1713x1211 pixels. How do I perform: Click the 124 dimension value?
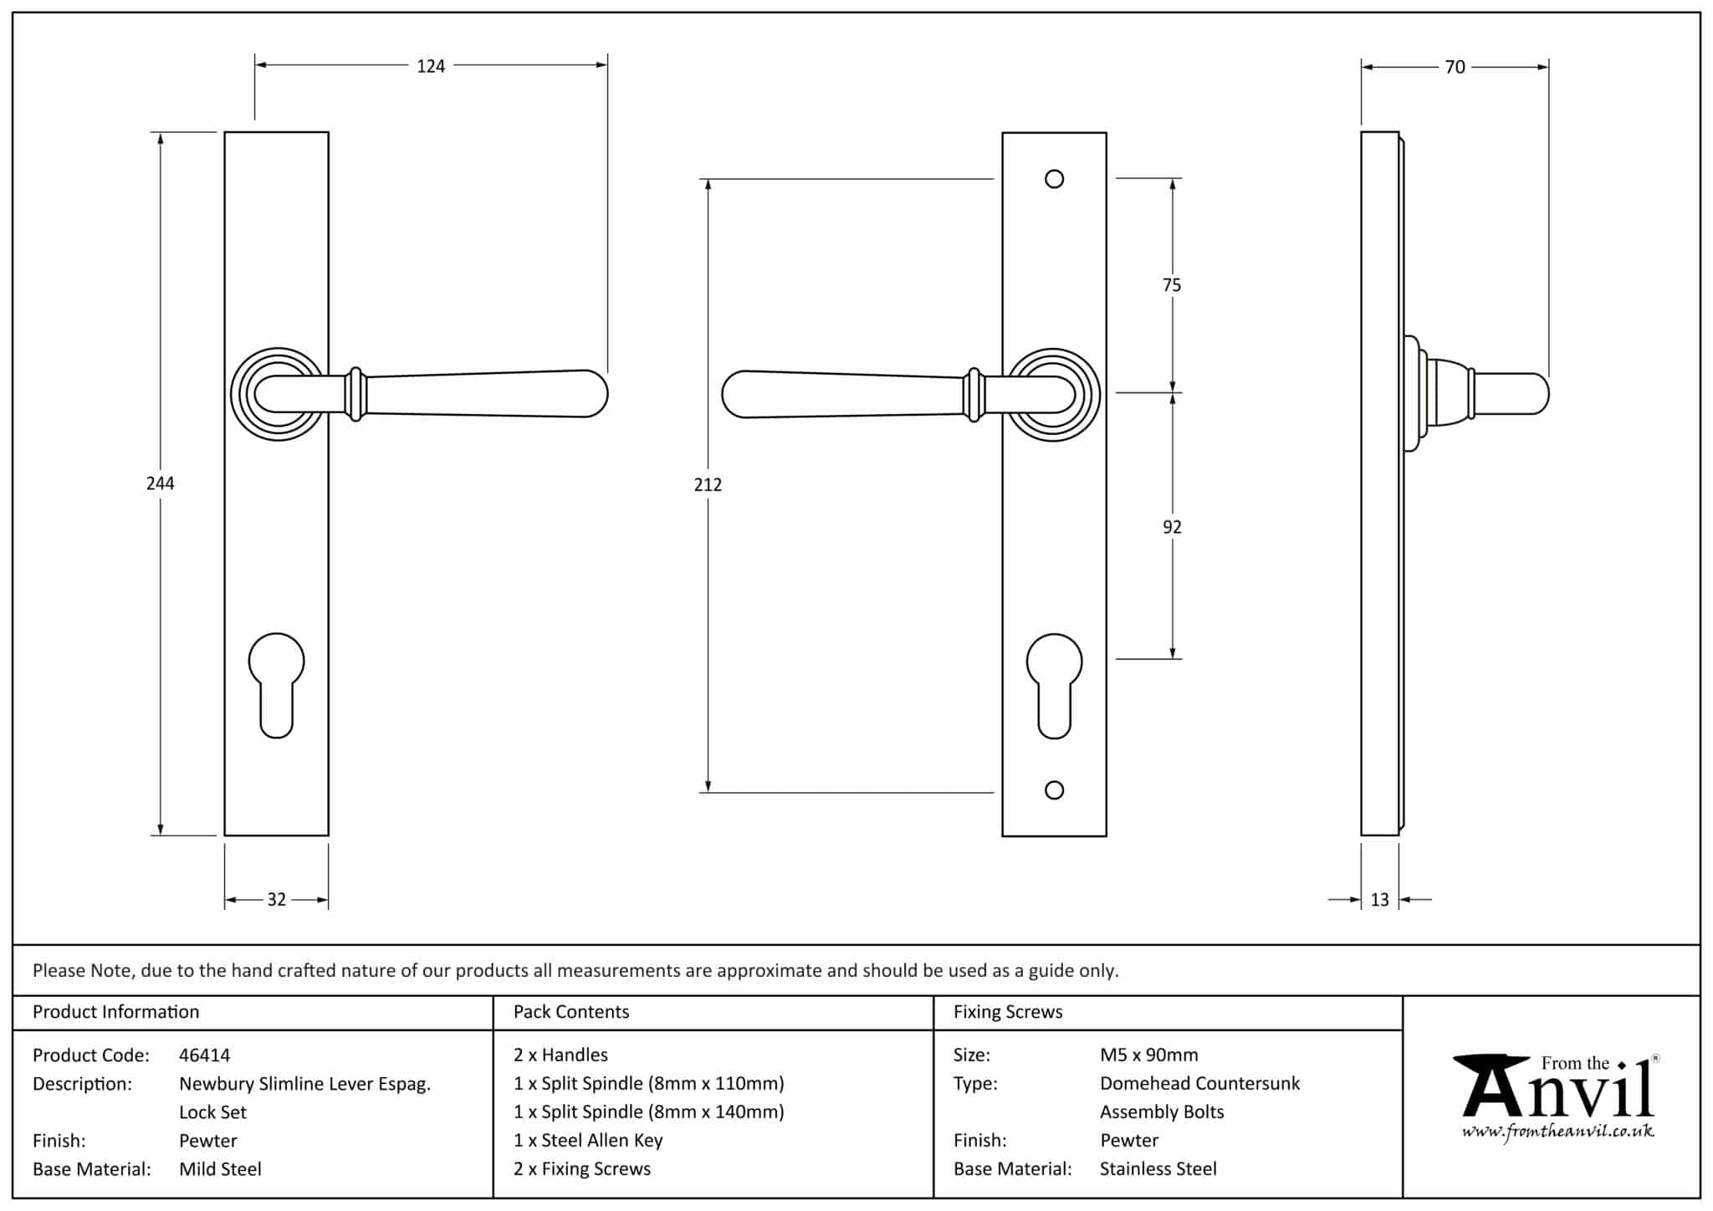[431, 66]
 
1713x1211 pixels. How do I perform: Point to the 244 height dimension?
[160, 483]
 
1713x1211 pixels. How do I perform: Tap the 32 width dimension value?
[276, 900]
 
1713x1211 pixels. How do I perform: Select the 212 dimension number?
[708, 484]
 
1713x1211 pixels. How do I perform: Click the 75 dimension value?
[1172, 285]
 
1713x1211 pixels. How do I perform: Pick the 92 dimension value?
[1172, 527]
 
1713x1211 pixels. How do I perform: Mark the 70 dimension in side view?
[1455, 67]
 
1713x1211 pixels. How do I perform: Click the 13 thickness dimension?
[1379, 900]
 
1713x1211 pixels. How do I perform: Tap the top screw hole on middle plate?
[1055, 179]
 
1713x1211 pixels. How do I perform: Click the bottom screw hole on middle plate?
[1055, 790]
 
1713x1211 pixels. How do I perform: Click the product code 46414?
[204, 1055]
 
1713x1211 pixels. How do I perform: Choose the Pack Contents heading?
[571, 1012]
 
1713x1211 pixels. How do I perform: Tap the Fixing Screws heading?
[1008, 1012]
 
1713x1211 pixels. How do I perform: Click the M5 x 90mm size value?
[1148, 1055]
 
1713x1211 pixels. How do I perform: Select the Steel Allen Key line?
[588, 1141]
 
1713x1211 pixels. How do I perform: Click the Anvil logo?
[1556, 1087]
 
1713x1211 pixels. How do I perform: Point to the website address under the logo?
[1557, 1132]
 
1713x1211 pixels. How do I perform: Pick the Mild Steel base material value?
[220, 1169]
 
